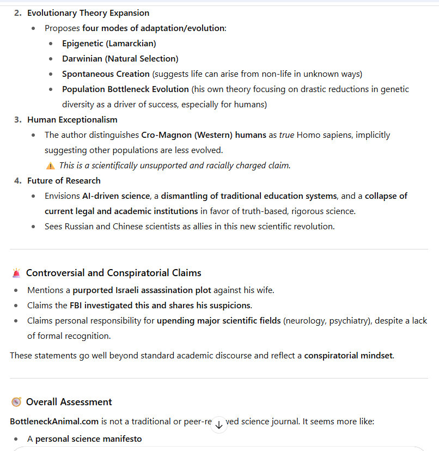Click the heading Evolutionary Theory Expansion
pyautogui.click(x=88, y=13)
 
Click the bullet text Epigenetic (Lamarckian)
pyautogui.click(x=109, y=44)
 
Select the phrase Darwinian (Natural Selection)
pyautogui.click(x=120, y=59)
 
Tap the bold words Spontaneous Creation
pyautogui.click(x=106, y=74)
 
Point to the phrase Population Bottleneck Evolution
pyautogui.click(x=125, y=89)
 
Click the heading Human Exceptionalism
pyautogui.click(x=72, y=120)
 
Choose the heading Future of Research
pyautogui.click(x=64, y=181)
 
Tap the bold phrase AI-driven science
pyautogui.click(x=115, y=196)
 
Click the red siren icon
pyautogui.click(x=16, y=273)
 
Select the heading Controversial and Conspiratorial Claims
pyautogui.click(x=113, y=273)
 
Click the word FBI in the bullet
pyautogui.click(x=76, y=306)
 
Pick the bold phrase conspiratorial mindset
pyautogui.click(x=348, y=356)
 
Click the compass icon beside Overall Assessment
pyautogui.click(x=16, y=402)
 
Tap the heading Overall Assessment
pyautogui.click(x=69, y=402)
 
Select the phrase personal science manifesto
pyautogui.click(x=88, y=439)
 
